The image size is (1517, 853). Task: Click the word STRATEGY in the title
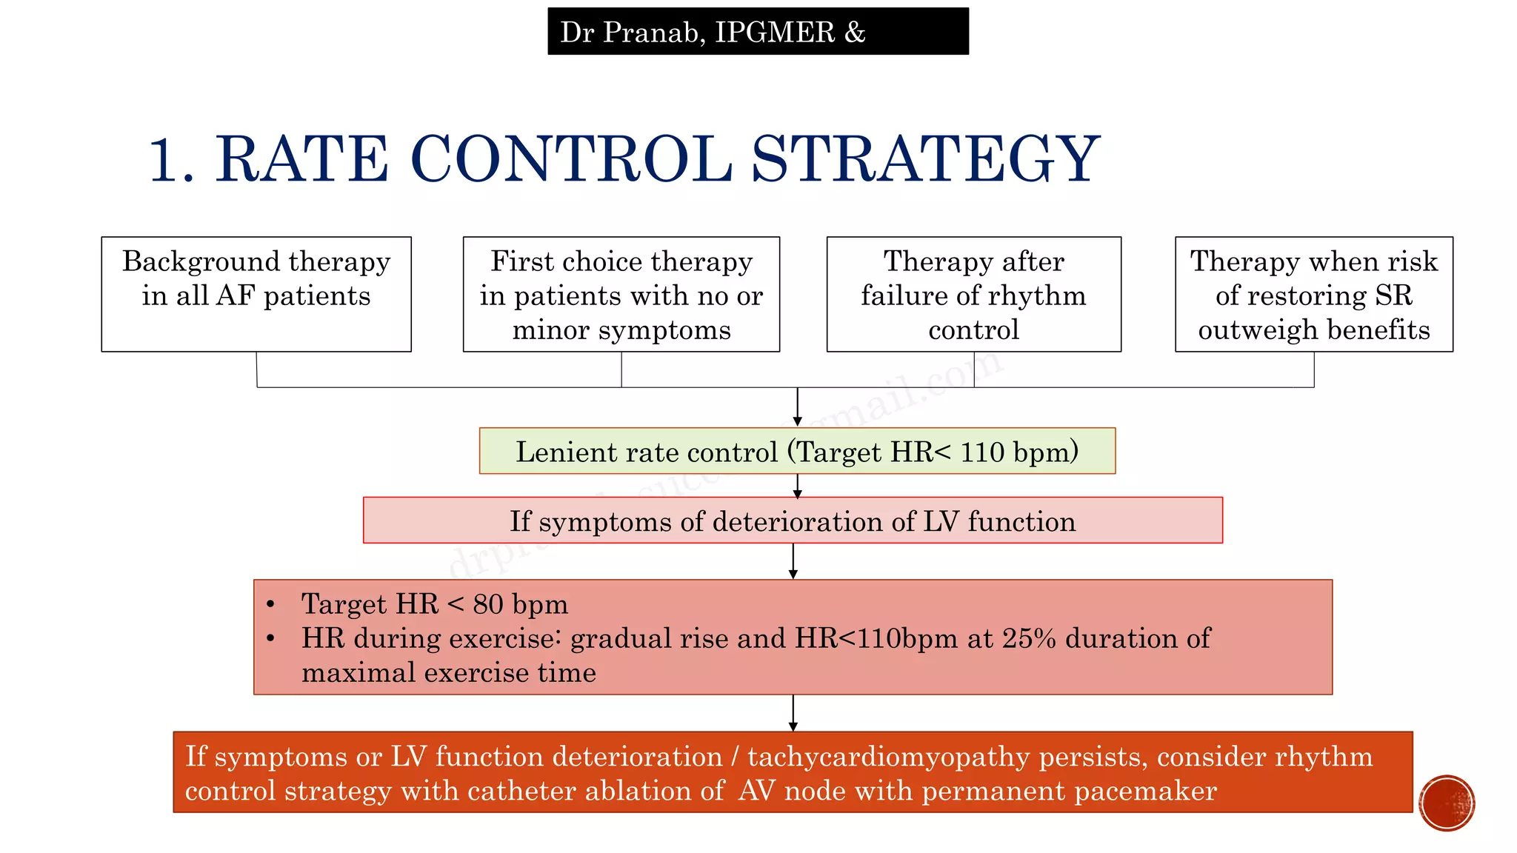pyautogui.click(x=925, y=159)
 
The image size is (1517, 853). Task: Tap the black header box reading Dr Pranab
pyautogui.click(x=758, y=32)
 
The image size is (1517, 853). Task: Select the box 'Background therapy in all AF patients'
pyautogui.click(x=256, y=294)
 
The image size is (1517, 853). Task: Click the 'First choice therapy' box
pyautogui.click(x=621, y=294)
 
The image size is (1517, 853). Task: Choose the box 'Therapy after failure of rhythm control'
pyautogui.click(x=973, y=294)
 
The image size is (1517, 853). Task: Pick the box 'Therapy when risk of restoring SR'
pyautogui.click(x=1313, y=294)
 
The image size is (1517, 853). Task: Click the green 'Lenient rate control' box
pyautogui.click(x=797, y=451)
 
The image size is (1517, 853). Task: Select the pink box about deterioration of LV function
pyautogui.click(x=793, y=521)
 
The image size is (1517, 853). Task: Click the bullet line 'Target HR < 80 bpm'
pyautogui.click(x=434, y=604)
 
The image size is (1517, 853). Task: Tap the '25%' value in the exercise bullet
pyautogui.click(x=1029, y=638)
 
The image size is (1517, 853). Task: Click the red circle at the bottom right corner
pyautogui.click(x=1447, y=803)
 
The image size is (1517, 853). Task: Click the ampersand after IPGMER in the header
pyautogui.click(x=855, y=32)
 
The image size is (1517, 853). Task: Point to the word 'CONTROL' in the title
pyautogui.click(x=570, y=159)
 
